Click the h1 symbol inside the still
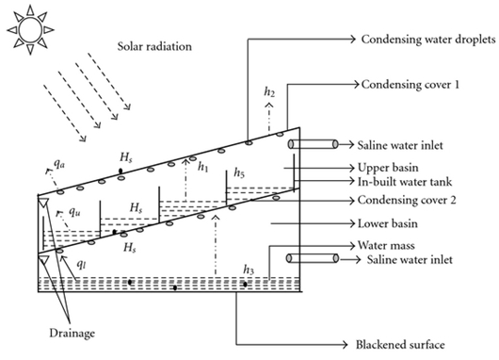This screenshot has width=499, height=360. (204, 167)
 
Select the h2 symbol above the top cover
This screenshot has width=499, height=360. (270, 92)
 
